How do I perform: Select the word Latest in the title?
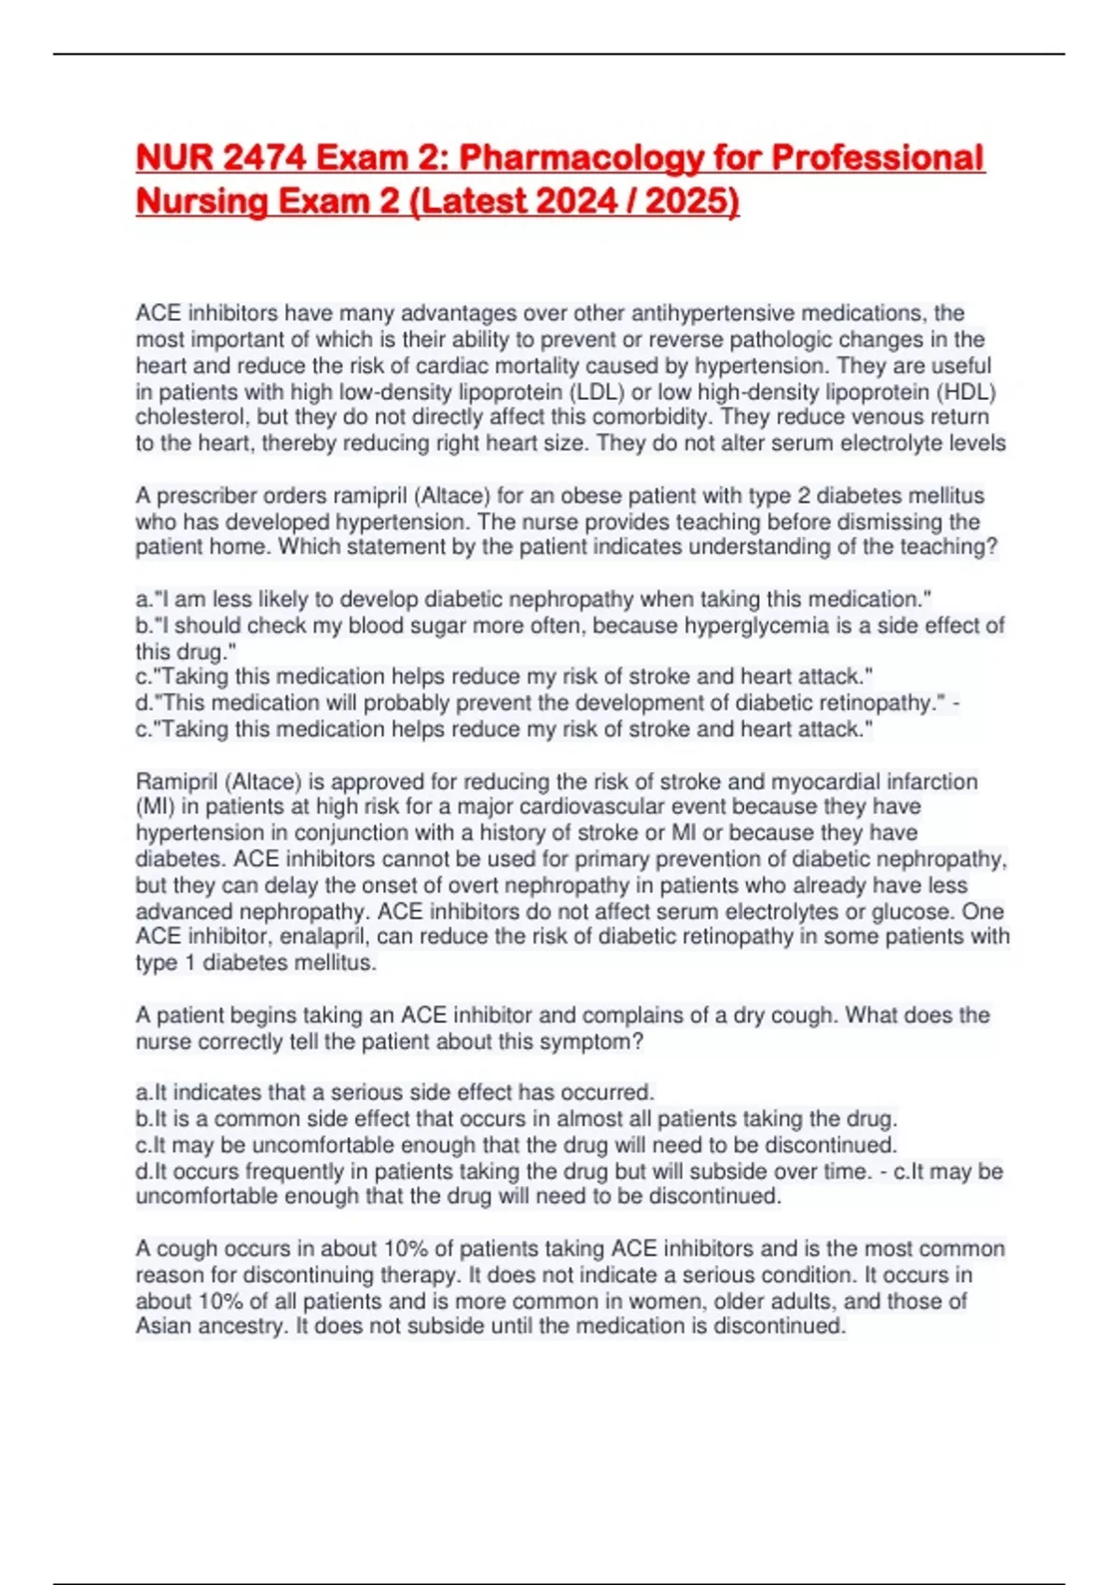473,201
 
